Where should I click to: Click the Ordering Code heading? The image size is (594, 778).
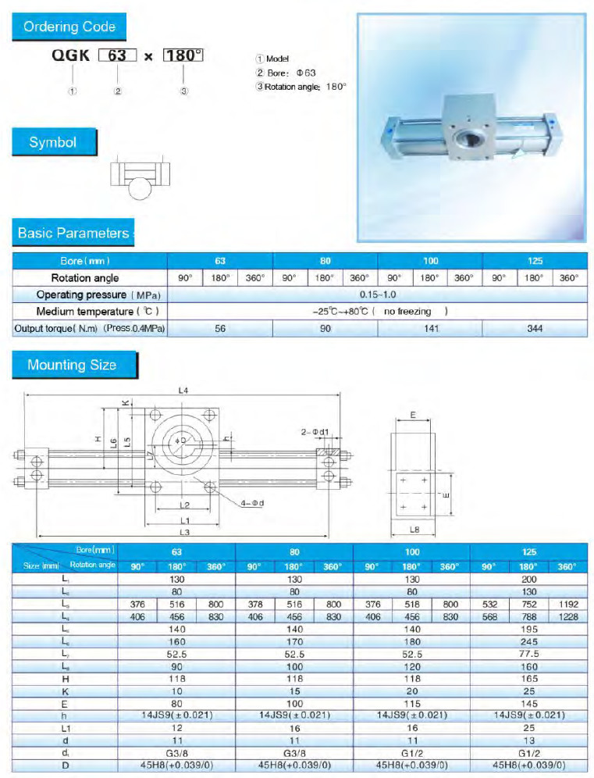pos(69,27)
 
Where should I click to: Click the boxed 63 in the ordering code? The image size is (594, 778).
pos(117,56)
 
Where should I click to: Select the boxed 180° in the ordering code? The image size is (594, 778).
pos(183,56)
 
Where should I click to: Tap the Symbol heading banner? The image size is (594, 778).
pos(53,142)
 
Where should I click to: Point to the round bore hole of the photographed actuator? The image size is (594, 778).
pos(469,143)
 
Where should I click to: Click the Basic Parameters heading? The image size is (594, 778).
pos(73,233)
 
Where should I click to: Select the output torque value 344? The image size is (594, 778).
pos(535,329)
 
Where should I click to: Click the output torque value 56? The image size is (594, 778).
pos(220,329)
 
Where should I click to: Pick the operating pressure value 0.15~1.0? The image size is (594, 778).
pos(378,294)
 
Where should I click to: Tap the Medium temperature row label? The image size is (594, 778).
pos(90,312)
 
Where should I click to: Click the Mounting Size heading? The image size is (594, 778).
pos(72,365)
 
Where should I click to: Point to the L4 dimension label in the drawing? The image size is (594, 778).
pos(183,391)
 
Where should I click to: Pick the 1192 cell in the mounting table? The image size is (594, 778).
pos(567,605)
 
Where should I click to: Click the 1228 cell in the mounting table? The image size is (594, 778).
pos(567,616)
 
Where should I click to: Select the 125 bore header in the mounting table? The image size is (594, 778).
pos(528,552)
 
